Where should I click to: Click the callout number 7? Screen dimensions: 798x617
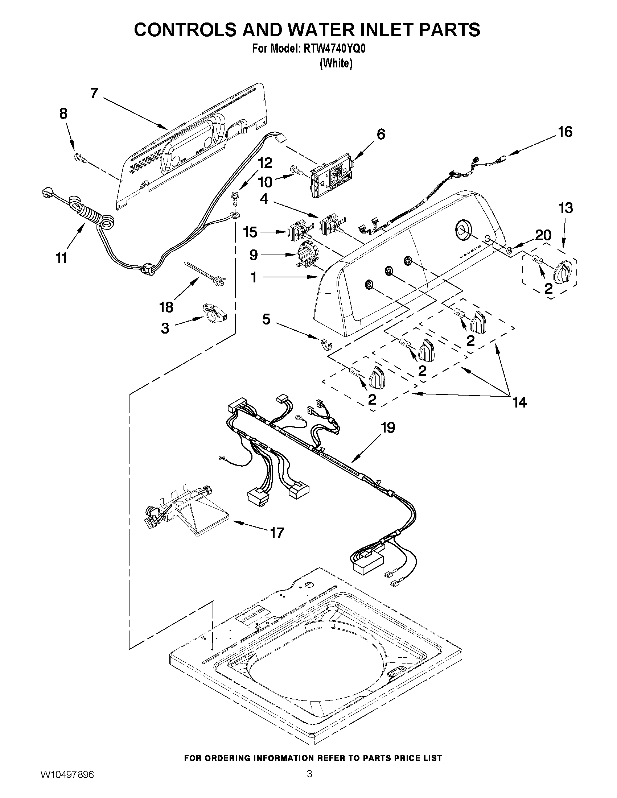(94, 94)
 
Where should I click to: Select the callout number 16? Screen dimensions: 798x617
(565, 132)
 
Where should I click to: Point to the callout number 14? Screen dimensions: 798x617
(519, 402)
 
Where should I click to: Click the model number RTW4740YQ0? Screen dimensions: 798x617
(333, 49)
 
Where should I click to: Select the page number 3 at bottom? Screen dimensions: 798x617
(309, 782)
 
